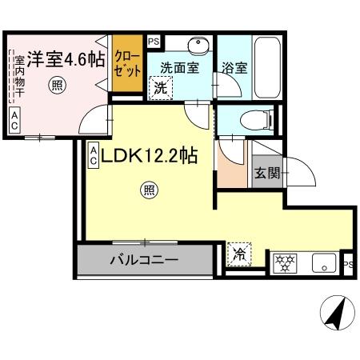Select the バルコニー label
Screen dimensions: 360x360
[143, 260]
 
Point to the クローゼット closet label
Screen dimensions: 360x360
[125, 62]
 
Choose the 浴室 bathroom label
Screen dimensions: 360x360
[236, 68]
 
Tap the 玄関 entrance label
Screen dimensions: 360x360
[266, 174]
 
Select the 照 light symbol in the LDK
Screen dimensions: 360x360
[149, 190]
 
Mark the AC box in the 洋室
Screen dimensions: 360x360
[14, 121]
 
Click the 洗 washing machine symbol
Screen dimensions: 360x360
[161, 89]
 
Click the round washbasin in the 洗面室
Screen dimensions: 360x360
[196, 45]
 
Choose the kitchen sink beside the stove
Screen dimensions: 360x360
[322, 261]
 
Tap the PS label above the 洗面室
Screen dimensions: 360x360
[154, 40]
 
